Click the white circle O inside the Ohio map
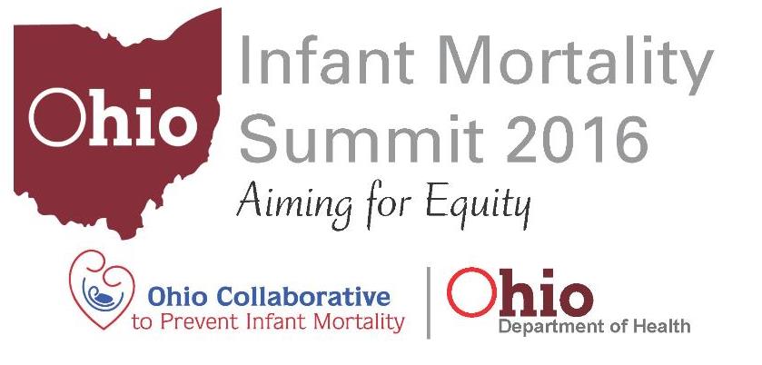click(56, 119)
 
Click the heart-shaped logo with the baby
click(102, 288)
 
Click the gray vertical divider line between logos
click(428, 301)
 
